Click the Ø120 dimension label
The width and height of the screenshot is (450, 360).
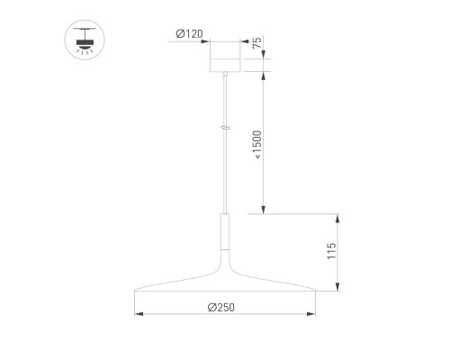click(188, 34)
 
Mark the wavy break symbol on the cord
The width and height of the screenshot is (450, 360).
click(225, 130)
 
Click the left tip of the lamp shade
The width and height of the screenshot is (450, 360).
click(135, 291)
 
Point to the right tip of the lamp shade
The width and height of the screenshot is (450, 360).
click(315, 291)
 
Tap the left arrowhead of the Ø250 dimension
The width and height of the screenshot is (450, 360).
click(137, 314)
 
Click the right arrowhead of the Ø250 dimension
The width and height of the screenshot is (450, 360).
click(313, 314)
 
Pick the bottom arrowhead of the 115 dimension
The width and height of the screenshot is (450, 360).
click(338, 289)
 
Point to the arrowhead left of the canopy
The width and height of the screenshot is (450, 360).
click(205, 40)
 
